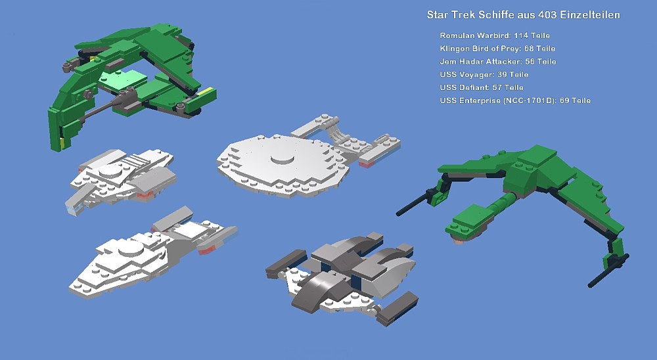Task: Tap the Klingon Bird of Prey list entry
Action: (x=497, y=49)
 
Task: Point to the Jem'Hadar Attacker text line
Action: (x=498, y=62)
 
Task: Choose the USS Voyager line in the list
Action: (x=484, y=75)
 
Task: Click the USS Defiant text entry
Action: (x=482, y=87)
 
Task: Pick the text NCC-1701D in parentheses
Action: (x=530, y=101)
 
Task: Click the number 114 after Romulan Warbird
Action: (x=521, y=35)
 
